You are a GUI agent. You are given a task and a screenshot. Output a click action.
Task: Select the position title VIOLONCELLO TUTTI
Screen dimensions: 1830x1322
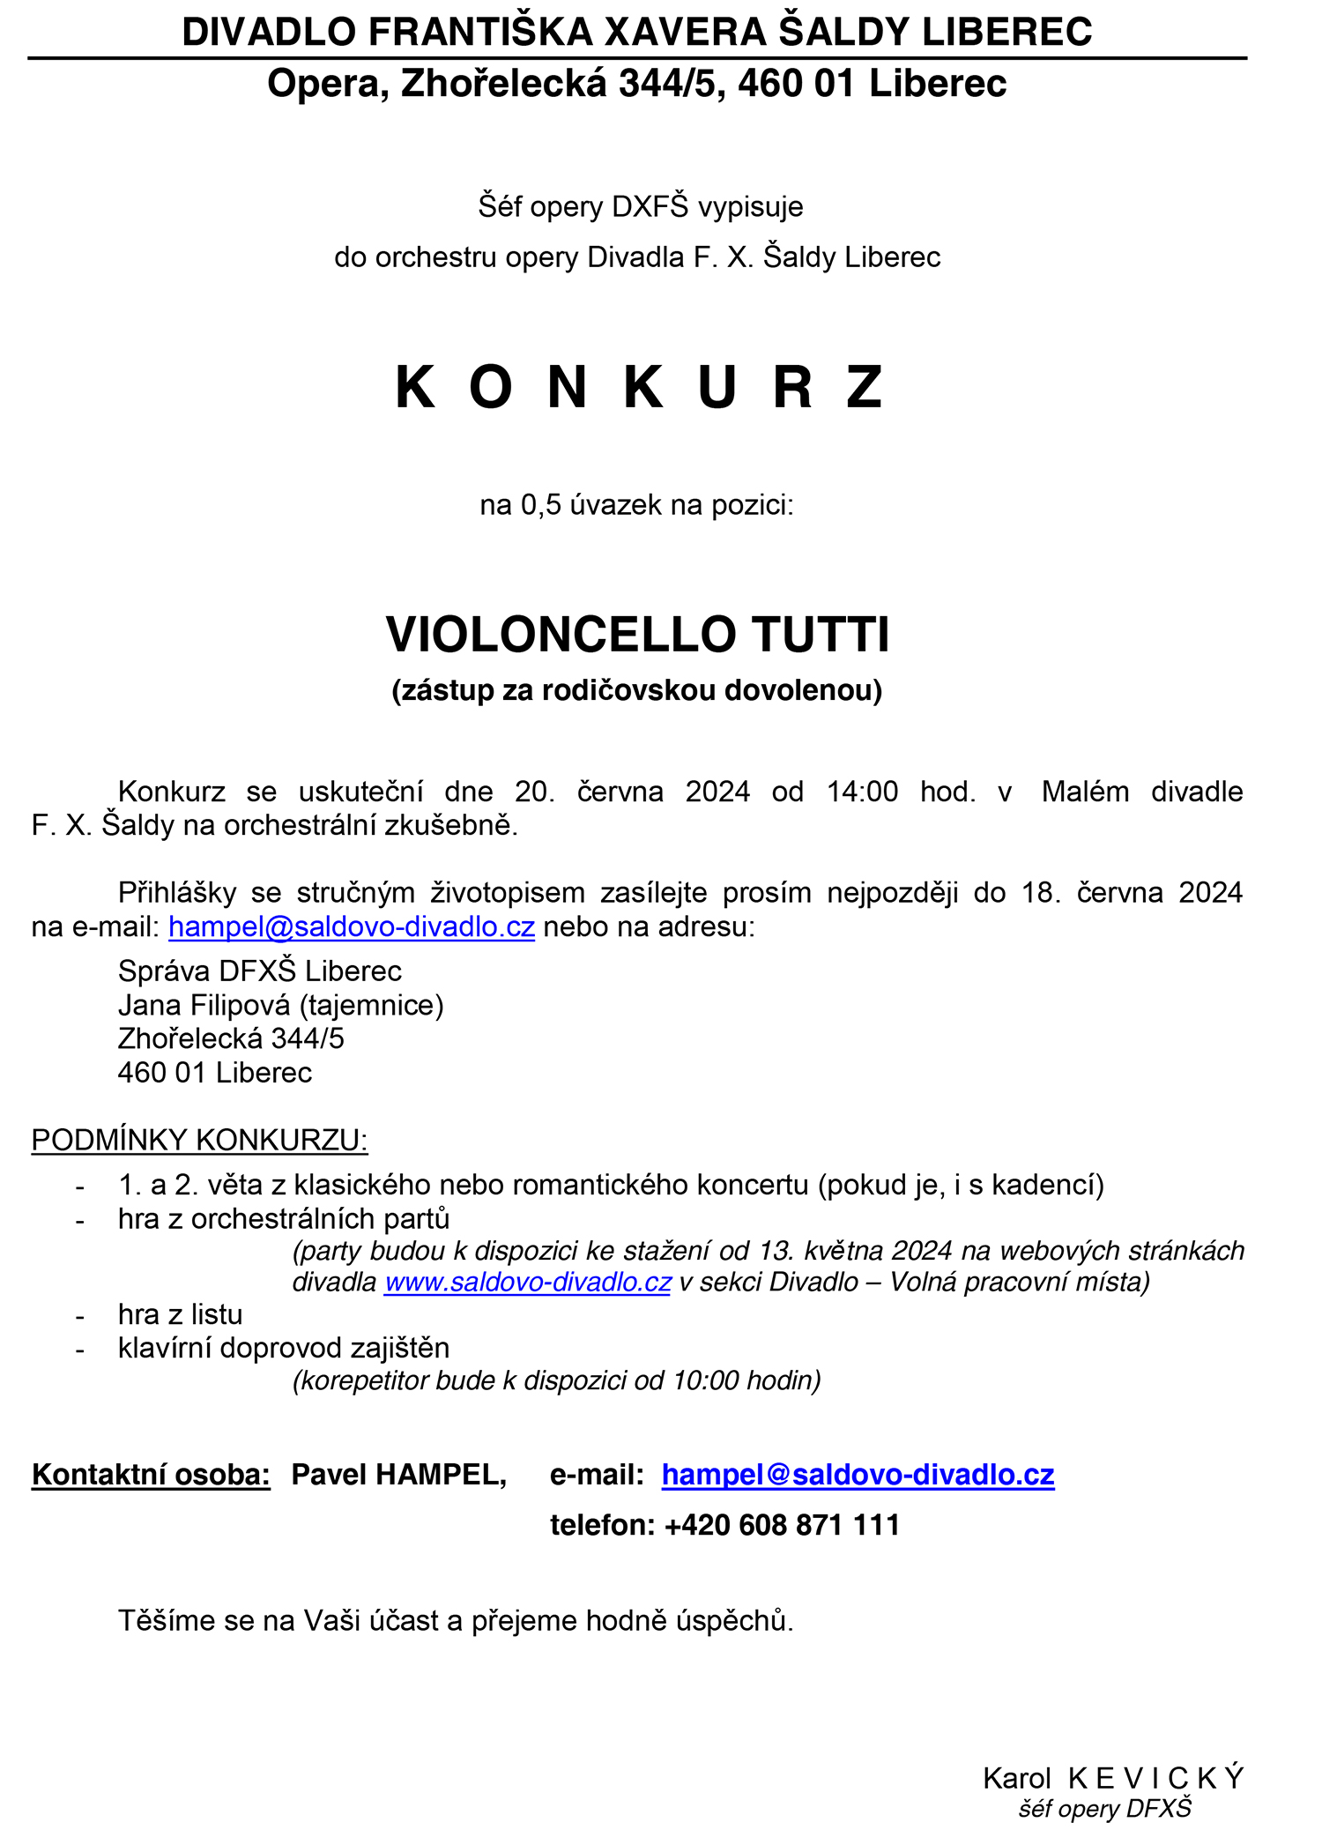[637, 635]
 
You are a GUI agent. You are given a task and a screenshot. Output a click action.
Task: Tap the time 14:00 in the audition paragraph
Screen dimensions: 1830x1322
[861, 792]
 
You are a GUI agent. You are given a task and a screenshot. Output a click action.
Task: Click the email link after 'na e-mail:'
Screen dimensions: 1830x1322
[352, 926]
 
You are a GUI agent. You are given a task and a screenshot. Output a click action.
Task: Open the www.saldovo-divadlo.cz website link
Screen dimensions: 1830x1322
[528, 1282]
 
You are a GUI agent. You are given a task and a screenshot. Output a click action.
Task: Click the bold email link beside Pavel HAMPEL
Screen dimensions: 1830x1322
[858, 1475]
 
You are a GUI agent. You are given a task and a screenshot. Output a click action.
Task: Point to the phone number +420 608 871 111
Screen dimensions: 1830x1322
[782, 1525]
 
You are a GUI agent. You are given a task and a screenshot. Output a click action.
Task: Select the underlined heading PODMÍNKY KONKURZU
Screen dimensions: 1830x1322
[199, 1140]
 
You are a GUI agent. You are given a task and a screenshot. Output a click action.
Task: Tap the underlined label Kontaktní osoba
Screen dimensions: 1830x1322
[151, 1475]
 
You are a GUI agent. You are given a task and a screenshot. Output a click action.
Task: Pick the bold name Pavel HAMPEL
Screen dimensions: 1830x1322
[398, 1475]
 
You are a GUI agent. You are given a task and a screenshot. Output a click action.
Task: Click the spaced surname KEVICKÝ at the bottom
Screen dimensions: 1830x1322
[1155, 1778]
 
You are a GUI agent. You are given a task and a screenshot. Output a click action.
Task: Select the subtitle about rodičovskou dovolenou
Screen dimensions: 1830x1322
[637, 689]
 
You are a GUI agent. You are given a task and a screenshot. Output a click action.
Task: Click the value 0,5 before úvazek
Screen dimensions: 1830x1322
[541, 505]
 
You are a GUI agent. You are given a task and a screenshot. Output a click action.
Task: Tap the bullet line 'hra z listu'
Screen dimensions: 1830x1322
[180, 1314]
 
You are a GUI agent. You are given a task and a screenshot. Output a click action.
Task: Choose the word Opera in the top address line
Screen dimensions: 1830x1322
[328, 84]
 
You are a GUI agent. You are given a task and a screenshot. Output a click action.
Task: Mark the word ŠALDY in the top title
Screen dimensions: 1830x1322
[845, 32]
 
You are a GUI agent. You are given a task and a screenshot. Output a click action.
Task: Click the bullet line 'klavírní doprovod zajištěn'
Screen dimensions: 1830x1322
[284, 1348]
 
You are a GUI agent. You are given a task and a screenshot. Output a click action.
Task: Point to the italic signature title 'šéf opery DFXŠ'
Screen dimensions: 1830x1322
[1104, 1809]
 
